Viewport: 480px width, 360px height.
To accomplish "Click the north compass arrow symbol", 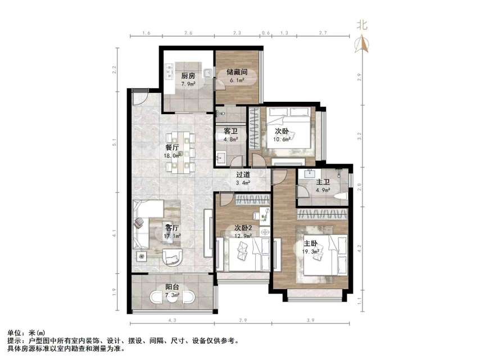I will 363,43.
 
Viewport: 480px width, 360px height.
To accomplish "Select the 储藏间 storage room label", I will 236,72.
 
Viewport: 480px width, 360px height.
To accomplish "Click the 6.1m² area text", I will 237,81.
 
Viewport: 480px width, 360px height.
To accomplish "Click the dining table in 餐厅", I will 182,151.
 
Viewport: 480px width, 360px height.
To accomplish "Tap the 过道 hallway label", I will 243,174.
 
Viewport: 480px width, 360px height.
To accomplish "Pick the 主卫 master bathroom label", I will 323,182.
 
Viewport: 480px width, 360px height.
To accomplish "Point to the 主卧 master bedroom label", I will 311,244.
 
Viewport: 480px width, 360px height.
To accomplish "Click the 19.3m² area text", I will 312,253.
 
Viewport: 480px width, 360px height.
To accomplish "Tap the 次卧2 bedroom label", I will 243,228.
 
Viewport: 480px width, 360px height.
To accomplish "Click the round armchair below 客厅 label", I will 173,256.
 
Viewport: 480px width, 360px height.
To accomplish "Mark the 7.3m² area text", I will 173,295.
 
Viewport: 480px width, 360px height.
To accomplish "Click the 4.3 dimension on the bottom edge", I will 172,321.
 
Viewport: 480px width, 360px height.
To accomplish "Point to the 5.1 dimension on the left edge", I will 116,143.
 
